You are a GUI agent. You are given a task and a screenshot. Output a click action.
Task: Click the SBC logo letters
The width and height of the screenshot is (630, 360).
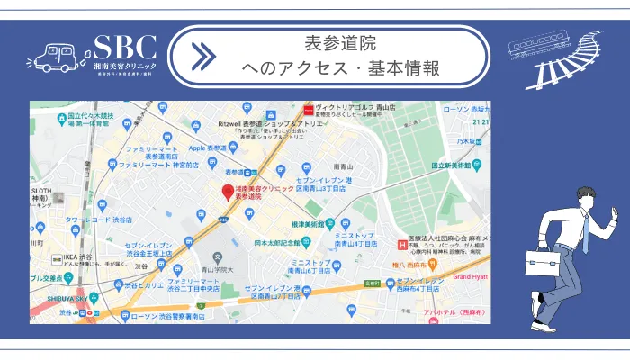[125, 47]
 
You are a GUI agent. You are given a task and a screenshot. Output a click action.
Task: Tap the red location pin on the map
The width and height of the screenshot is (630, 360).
[227, 191]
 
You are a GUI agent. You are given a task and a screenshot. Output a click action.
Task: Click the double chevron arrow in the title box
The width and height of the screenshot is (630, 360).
[204, 57]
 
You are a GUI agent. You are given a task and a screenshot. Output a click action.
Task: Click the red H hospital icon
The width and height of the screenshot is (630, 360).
[402, 242]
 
